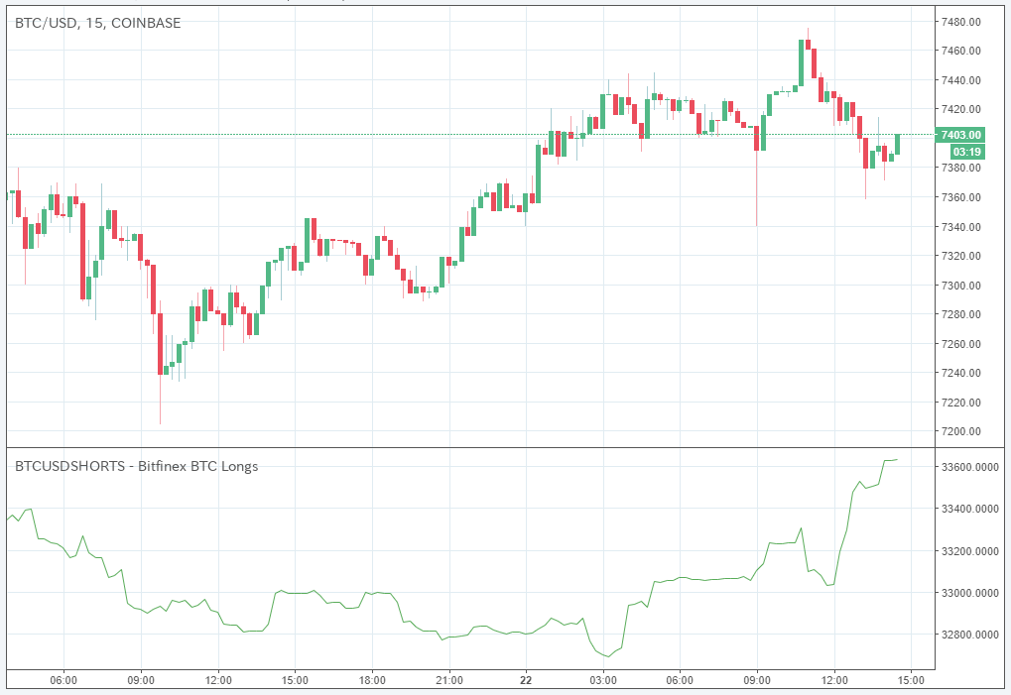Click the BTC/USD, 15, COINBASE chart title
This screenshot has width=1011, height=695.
pos(97,22)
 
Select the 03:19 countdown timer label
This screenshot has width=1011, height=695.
pos(966,152)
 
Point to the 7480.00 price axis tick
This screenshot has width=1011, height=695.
pos(961,22)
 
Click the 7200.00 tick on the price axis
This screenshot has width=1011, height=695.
pos(961,431)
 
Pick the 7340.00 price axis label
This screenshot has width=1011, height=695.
pos(961,227)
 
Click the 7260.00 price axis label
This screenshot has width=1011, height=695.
pos(961,344)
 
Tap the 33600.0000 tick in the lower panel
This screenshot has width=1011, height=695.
pos(966,466)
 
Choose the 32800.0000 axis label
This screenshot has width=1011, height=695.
pos(966,635)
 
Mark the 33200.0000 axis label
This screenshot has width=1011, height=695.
pos(966,550)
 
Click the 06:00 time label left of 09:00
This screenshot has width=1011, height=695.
pos(63,680)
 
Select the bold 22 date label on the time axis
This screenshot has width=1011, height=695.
pos(526,680)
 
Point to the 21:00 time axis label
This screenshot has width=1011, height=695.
pos(449,680)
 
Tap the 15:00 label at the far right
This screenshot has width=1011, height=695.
pos(911,680)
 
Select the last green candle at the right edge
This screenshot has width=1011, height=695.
pos(898,144)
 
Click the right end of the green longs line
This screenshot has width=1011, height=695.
pos(897,459)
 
